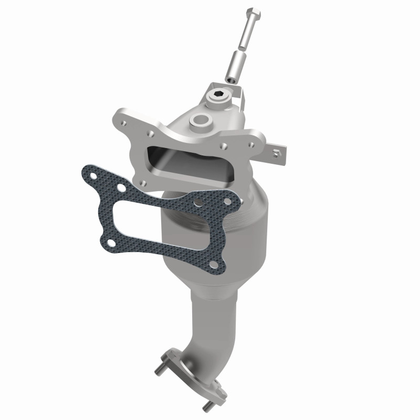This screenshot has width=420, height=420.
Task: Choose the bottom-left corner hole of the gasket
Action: pos(112,242)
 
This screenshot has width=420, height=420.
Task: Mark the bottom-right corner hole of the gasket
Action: pos(213,265)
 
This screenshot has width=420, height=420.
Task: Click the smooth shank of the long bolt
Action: pos(245,37)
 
